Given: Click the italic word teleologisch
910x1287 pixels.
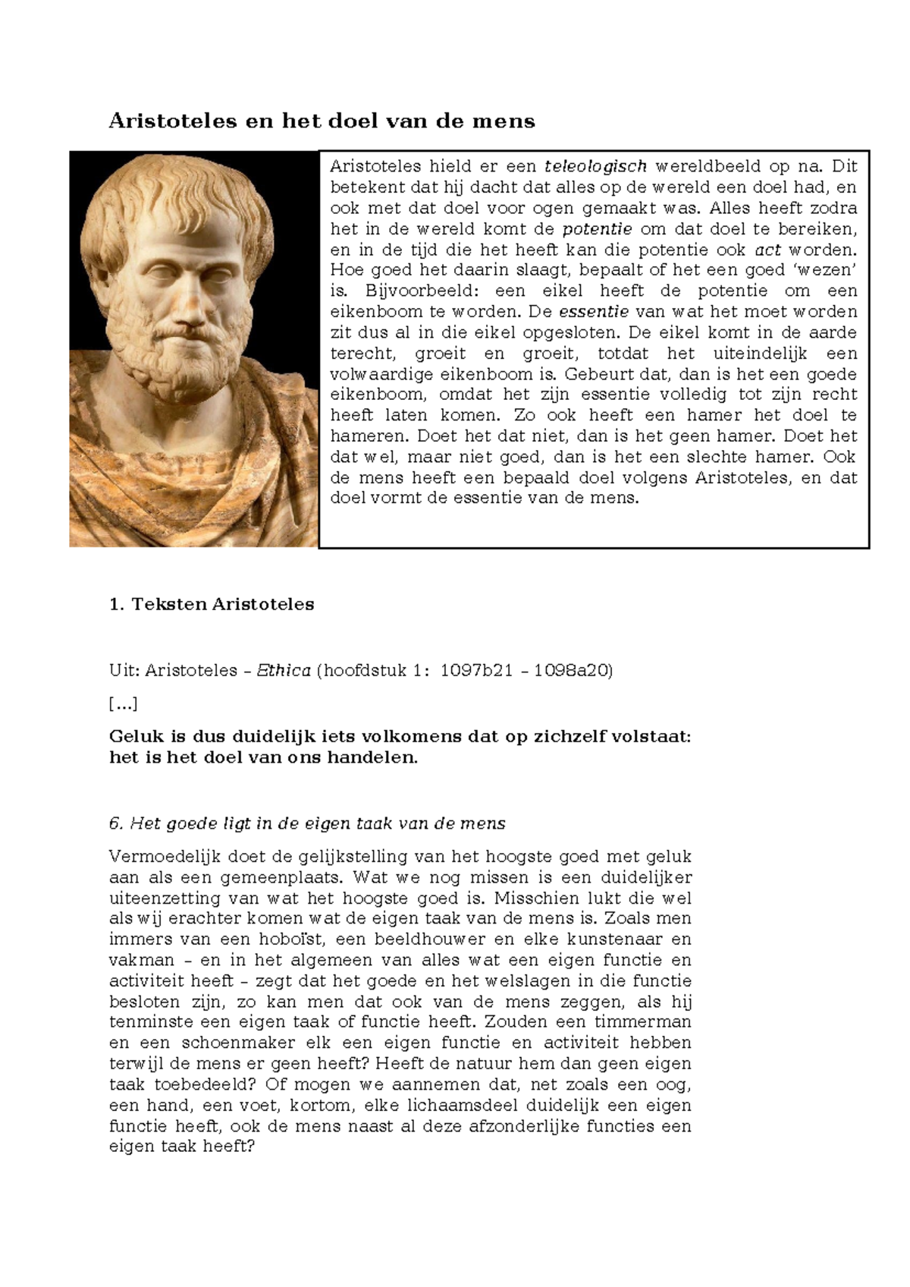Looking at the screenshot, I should [x=595, y=166].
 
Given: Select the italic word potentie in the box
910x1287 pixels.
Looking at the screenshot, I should [x=597, y=228].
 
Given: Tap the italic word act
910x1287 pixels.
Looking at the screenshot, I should [x=767, y=250].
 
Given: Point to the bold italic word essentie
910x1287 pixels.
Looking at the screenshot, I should [x=594, y=312].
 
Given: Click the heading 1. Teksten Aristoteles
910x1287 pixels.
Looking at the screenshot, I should [x=212, y=605].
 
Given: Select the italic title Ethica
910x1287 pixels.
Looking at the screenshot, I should [x=284, y=670].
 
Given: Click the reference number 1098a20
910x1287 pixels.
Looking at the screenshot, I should [x=573, y=670].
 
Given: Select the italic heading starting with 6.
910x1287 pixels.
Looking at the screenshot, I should [x=307, y=823].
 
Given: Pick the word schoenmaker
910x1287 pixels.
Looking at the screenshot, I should [x=241, y=1043].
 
